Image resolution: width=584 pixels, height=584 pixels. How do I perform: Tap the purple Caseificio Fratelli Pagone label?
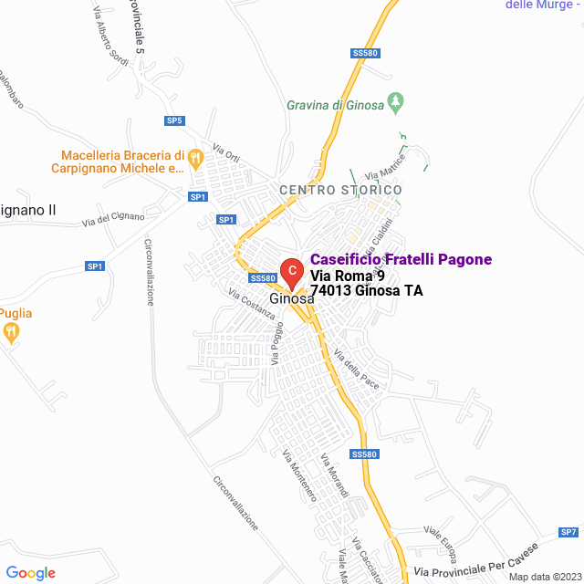(401, 259)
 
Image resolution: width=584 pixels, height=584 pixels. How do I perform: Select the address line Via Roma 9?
(348, 276)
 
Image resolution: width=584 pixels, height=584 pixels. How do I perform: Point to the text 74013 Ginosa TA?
(366, 291)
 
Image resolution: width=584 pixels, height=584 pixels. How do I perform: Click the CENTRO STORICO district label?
(340, 190)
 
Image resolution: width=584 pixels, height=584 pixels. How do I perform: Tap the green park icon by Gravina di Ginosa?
(396, 105)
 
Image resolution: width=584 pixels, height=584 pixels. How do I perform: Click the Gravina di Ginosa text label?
(334, 105)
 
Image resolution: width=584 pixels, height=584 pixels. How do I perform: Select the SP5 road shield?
(174, 120)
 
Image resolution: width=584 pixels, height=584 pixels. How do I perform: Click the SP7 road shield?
(568, 532)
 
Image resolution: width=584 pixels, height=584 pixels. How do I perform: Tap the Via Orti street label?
(225, 151)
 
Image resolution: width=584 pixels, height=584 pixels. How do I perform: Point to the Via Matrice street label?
(384, 169)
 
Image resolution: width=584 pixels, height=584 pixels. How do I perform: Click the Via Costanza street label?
(252, 304)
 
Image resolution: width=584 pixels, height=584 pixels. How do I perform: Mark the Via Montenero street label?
(299, 475)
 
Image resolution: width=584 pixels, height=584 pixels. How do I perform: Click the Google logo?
(30, 573)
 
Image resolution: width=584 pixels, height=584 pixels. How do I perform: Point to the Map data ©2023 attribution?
(544, 577)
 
